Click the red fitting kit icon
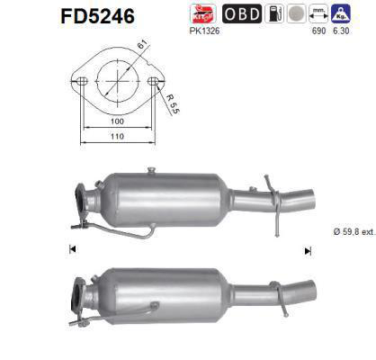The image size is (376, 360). (203, 13)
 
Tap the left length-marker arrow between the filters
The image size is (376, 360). (71, 248)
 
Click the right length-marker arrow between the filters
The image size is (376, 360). (308, 249)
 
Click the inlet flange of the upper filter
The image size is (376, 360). (79, 199)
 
